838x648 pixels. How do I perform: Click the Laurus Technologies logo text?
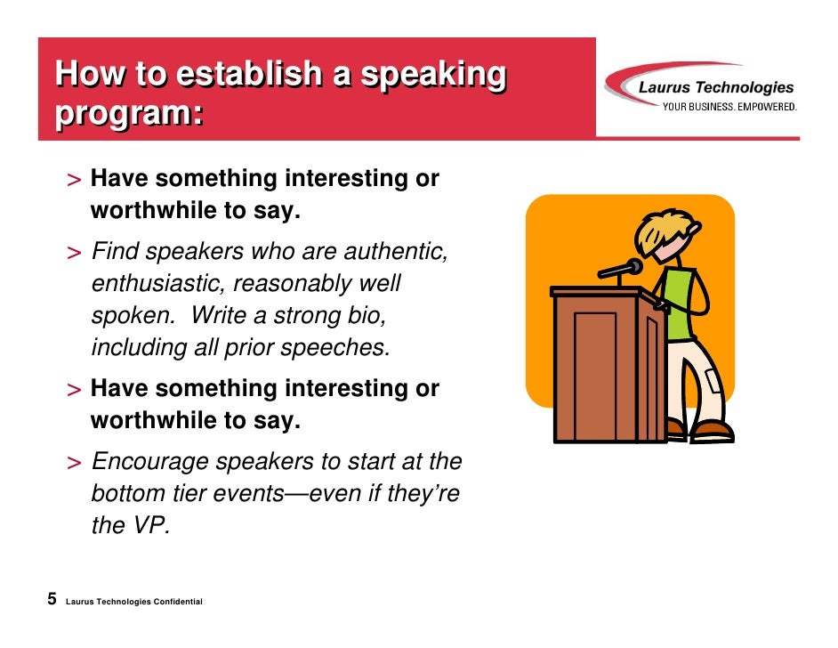[716, 87]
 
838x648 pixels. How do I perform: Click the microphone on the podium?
[633, 266]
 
